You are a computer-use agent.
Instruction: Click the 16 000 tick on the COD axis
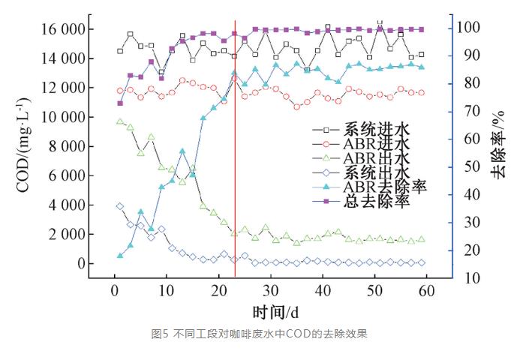62,29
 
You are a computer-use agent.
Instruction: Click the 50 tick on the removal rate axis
467,166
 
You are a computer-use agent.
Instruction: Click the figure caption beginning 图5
263,334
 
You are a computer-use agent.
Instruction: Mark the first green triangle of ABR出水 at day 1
119,121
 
